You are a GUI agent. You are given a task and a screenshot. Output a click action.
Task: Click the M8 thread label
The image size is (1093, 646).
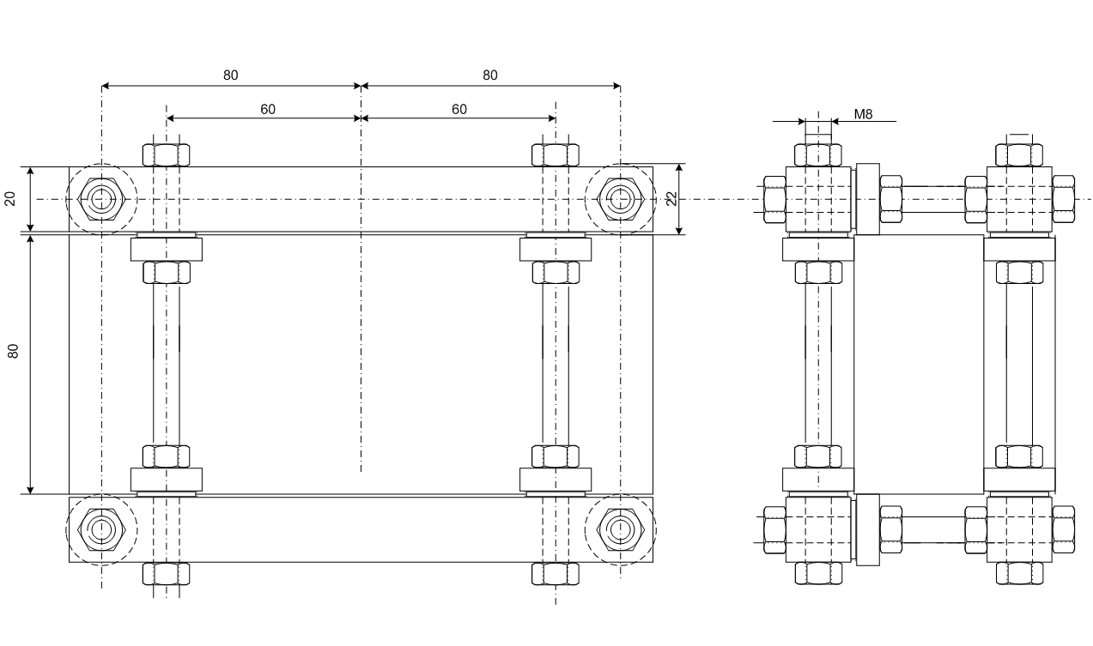(863, 114)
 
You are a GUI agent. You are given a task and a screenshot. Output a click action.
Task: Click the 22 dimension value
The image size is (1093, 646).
(672, 199)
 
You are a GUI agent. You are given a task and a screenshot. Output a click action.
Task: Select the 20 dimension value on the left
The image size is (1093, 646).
(10, 199)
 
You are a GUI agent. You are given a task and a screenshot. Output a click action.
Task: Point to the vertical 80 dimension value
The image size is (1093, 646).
(13, 351)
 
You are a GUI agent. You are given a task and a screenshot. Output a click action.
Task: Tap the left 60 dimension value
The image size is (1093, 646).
(267, 109)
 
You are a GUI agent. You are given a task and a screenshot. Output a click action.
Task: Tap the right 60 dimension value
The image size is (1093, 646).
(458, 109)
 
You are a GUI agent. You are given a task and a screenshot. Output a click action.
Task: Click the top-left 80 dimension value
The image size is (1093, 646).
(230, 75)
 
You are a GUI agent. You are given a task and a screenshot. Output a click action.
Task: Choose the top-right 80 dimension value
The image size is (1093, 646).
(490, 75)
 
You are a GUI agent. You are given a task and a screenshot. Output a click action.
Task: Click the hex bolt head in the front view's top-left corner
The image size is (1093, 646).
(101, 199)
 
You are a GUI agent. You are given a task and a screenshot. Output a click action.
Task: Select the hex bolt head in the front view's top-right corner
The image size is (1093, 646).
(620, 199)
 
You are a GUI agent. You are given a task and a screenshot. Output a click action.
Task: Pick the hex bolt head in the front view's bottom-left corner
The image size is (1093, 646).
(101, 530)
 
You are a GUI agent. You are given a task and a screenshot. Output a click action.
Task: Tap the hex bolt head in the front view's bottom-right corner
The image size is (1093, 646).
(620, 530)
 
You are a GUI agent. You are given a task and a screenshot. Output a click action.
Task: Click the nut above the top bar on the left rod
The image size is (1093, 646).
(166, 155)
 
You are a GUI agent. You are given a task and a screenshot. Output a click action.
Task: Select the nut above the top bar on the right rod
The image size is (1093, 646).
(556, 155)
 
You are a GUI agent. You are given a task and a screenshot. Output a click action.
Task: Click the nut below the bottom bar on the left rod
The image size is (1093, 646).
(166, 574)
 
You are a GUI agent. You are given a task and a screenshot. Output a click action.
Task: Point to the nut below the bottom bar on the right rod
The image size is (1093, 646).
(556, 574)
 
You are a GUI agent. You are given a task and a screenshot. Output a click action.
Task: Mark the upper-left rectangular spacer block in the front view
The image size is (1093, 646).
(167, 249)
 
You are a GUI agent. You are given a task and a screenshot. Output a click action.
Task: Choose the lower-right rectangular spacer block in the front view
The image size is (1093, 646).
(556, 480)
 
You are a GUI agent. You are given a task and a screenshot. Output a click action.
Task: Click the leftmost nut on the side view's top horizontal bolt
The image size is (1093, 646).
(774, 199)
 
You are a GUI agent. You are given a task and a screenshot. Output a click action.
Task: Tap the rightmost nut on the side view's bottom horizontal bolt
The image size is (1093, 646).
(1063, 529)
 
